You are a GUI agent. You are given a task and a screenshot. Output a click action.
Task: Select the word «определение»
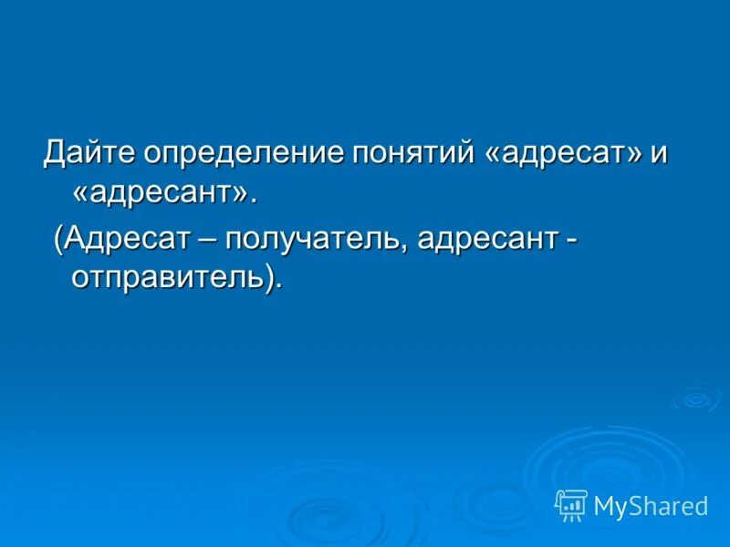pos(244,152)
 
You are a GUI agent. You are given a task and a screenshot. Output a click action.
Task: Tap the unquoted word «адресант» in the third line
pos(490,241)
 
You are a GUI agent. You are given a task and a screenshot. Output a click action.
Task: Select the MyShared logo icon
pos(571,505)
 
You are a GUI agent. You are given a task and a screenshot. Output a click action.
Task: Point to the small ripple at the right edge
pos(696,397)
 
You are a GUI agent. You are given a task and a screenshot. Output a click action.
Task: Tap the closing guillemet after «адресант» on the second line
pos(241,193)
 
